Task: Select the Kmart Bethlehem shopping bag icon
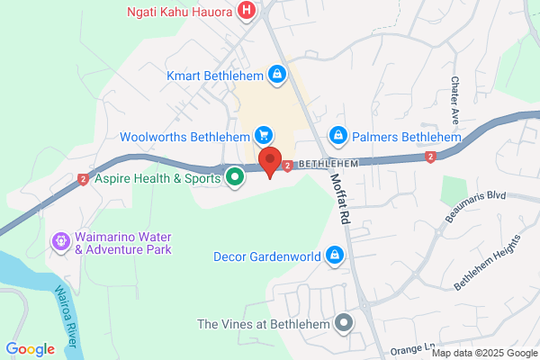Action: pos(278,76)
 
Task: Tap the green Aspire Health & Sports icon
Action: pos(235,177)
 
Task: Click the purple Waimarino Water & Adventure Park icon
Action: pos(61,240)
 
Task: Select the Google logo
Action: pos(30,348)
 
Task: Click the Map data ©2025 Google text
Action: pos(489,352)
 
